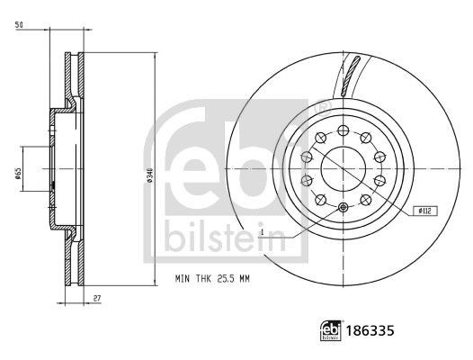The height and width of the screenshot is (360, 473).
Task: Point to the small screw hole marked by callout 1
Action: (345, 209)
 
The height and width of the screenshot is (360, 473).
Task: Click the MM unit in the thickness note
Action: (243, 279)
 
